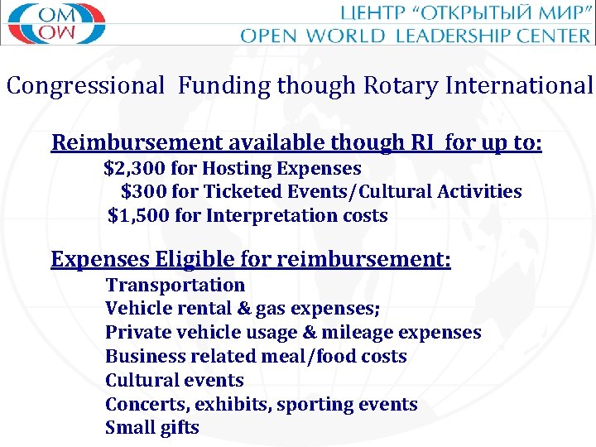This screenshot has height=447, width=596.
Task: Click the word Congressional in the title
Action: click(x=86, y=85)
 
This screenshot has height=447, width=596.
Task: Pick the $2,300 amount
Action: click(x=135, y=169)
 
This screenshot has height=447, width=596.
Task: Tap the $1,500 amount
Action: click(x=138, y=216)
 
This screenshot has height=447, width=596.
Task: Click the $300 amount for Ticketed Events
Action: click(x=142, y=192)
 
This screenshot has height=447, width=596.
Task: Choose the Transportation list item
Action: click(x=175, y=285)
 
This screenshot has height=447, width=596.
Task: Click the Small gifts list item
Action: click(x=152, y=428)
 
